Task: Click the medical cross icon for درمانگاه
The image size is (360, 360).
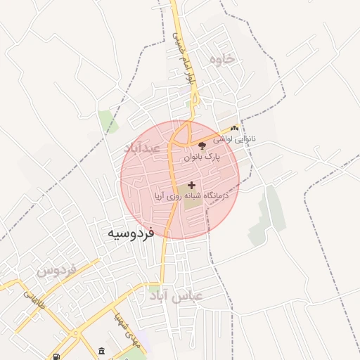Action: click(191, 185)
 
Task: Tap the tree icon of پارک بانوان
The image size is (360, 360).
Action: click(202, 146)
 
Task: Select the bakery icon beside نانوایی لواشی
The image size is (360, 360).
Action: click(234, 128)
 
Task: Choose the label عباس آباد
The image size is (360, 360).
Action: click(176, 295)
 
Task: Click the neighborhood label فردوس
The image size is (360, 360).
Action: click(56, 270)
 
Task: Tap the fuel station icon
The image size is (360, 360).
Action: click(56, 356)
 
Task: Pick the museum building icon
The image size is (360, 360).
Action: click(102, 351)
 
